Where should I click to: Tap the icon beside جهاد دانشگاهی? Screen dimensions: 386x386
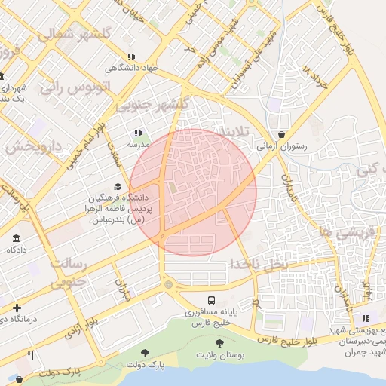click(132, 57)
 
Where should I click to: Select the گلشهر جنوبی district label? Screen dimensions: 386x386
click(158, 104)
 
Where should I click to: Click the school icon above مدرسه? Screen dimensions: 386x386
click(138, 133)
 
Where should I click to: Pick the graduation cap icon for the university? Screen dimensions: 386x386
click(117, 186)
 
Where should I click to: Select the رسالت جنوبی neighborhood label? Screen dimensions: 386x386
click(69, 273)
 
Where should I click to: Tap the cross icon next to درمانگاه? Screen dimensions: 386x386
click(17, 308)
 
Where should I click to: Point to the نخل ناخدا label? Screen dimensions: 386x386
click(259, 264)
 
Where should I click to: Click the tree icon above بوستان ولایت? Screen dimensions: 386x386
click(219, 343)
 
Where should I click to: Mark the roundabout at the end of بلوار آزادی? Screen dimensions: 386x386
click(167, 284)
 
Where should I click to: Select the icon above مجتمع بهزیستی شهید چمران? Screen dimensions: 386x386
click(366, 319)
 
